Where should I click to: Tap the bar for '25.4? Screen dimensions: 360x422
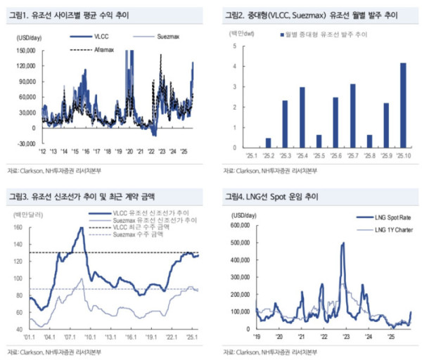point(302,117)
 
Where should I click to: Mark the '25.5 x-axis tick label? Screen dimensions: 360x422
point(319,156)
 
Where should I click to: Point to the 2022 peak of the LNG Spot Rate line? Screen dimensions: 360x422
point(343,243)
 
